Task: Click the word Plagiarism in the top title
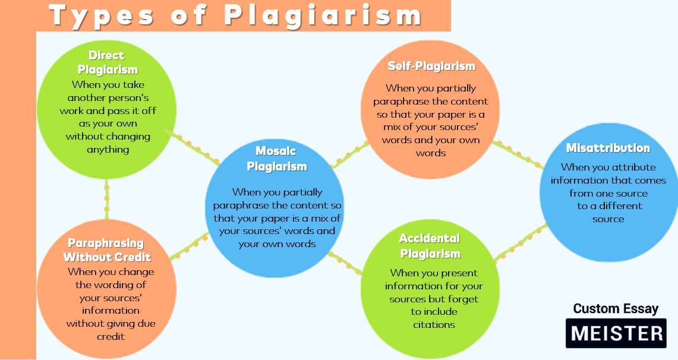(x=323, y=15)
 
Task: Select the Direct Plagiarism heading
(x=107, y=62)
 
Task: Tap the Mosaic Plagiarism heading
(x=276, y=159)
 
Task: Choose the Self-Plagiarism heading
(x=431, y=66)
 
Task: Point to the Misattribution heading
(x=608, y=148)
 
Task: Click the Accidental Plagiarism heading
(x=430, y=246)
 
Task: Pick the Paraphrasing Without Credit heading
(x=107, y=250)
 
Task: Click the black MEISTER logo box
(x=616, y=333)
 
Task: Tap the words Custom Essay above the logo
(x=616, y=308)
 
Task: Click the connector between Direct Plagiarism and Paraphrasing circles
(x=106, y=199)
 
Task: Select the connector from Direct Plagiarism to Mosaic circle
(x=191, y=147)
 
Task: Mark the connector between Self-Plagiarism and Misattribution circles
(x=517, y=154)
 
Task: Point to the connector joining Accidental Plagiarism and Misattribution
(x=520, y=242)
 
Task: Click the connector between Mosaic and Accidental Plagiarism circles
(x=345, y=263)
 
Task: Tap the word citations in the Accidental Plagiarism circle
(x=434, y=324)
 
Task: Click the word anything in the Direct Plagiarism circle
(x=108, y=150)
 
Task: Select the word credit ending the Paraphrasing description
(x=111, y=336)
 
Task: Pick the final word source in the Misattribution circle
(x=608, y=219)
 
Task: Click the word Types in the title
(x=101, y=15)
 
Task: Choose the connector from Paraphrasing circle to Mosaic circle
(x=189, y=247)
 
